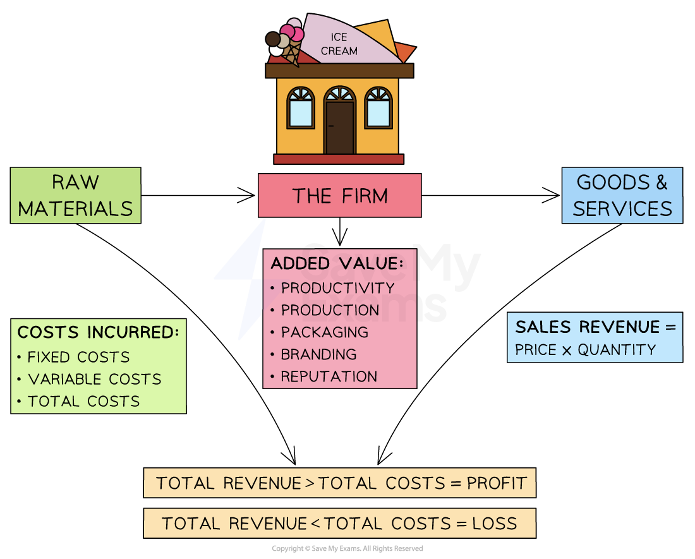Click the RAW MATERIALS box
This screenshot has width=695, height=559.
75,195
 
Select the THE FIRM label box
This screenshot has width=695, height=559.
339,196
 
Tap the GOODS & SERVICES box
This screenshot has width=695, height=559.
622,195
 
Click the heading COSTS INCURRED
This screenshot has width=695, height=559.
98,333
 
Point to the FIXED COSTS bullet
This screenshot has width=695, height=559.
78,357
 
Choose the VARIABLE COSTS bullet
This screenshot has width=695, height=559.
94,379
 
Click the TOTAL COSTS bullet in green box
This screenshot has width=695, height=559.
83,401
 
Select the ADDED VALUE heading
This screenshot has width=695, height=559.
336,264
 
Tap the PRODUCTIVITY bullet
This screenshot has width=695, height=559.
337,288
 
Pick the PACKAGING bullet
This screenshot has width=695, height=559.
324,332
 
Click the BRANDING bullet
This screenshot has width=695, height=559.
318,354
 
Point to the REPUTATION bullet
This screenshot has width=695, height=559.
329,376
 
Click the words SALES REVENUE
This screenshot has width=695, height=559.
588,327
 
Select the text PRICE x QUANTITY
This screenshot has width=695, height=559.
585,350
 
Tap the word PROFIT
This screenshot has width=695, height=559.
497,484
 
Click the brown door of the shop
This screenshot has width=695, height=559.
339,128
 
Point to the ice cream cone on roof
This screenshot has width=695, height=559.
286,43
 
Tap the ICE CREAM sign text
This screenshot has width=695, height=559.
339,44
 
